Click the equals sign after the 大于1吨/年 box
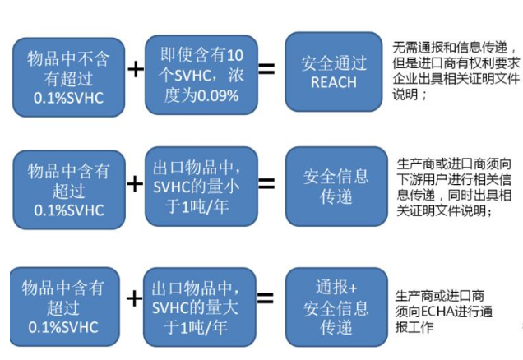pyautogui.click(x=266, y=298)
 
